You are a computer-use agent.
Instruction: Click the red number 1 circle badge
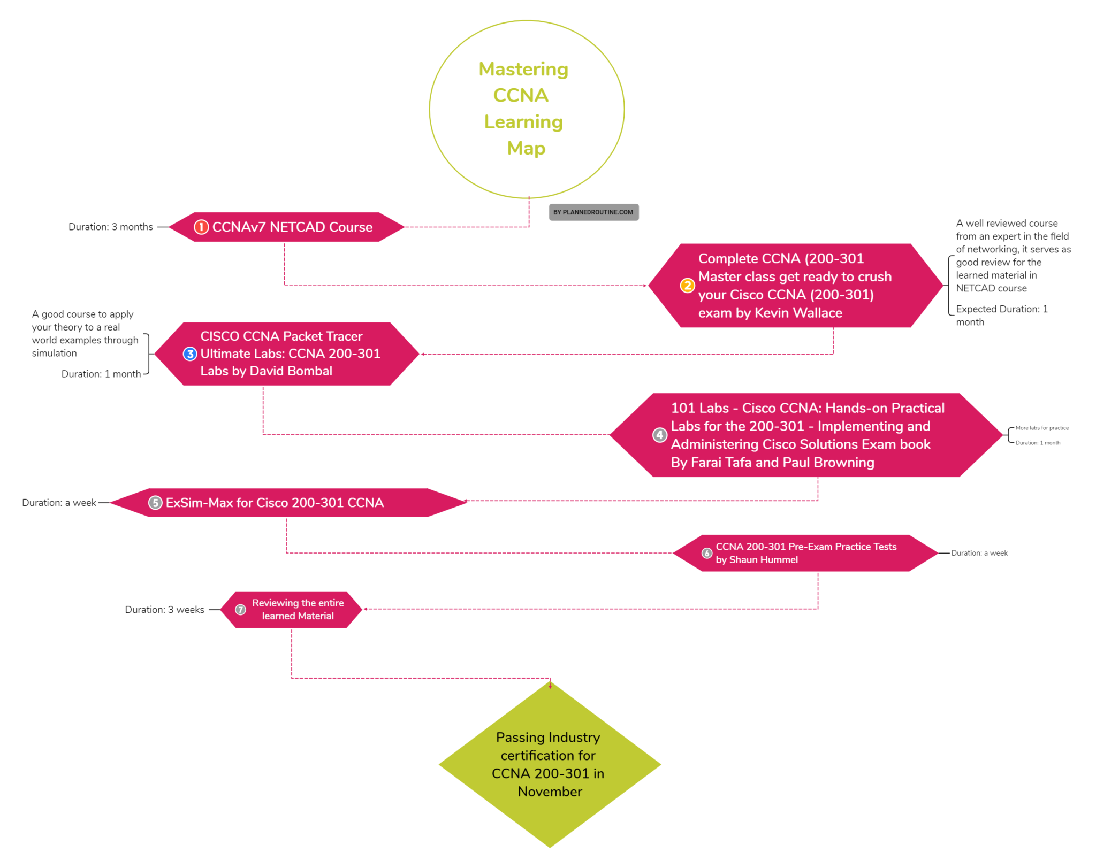click(x=201, y=227)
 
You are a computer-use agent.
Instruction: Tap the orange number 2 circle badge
click(x=687, y=286)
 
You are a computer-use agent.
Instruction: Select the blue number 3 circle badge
click(x=190, y=354)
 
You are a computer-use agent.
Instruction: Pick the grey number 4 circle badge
click(x=660, y=435)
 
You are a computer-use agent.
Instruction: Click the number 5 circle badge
click(x=155, y=503)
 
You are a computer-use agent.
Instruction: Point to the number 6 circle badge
click(x=706, y=554)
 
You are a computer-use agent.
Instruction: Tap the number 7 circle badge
click(x=241, y=610)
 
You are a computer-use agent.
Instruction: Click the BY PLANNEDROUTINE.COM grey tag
click(x=593, y=212)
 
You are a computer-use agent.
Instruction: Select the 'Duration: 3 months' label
click(x=111, y=227)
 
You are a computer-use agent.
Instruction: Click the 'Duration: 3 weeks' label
click(x=164, y=610)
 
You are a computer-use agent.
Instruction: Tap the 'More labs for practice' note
click(x=1042, y=428)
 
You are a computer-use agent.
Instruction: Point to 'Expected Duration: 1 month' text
click(x=1001, y=316)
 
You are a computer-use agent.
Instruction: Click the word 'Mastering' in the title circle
click(x=523, y=69)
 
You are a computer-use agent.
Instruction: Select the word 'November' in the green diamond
click(x=550, y=792)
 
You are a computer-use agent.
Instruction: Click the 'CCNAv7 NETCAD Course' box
click(x=292, y=227)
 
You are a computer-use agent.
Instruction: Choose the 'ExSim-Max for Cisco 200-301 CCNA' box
click(x=275, y=503)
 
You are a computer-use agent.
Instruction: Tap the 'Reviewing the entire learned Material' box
click(x=298, y=610)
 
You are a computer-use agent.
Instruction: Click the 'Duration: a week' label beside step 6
click(x=979, y=553)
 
